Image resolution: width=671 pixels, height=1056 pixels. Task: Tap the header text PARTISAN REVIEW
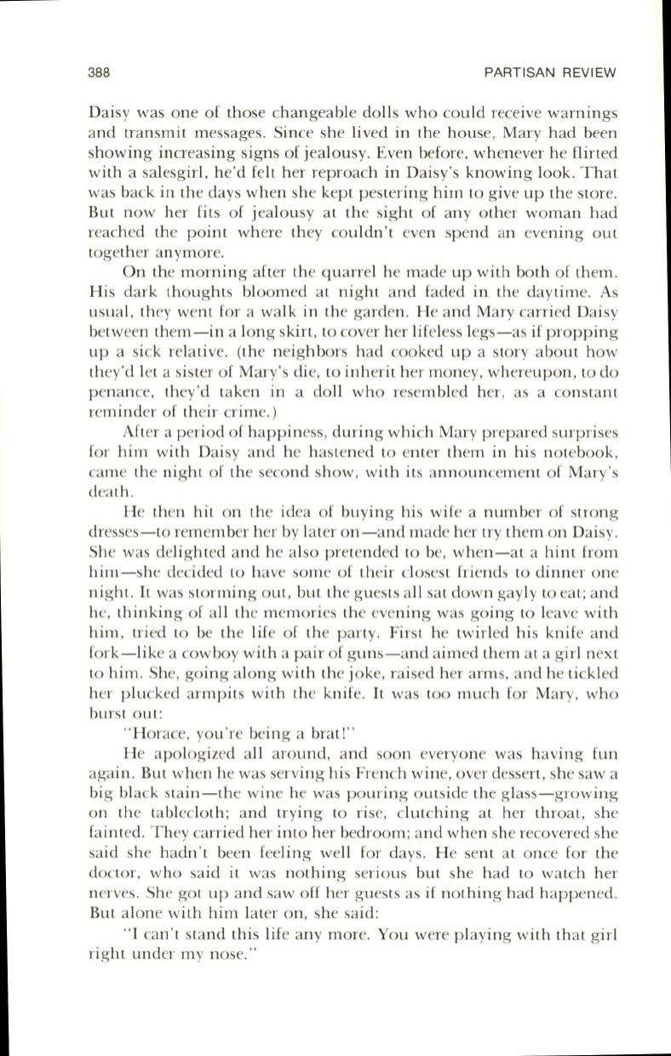(x=549, y=71)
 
